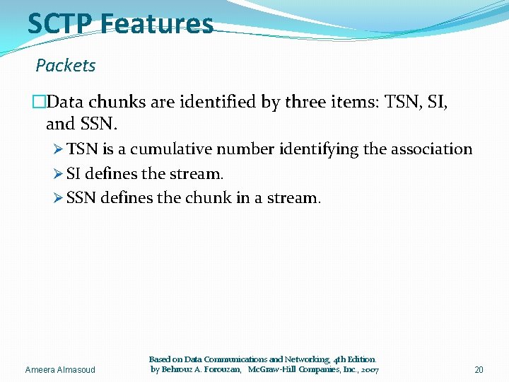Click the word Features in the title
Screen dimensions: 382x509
pos(156,23)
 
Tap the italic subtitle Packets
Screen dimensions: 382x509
pos(66,66)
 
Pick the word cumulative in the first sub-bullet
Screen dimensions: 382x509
pos(172,149)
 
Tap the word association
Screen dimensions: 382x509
pos(428,149)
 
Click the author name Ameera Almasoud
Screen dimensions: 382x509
pos(60,370)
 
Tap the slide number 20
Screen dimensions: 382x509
pos(479,370)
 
